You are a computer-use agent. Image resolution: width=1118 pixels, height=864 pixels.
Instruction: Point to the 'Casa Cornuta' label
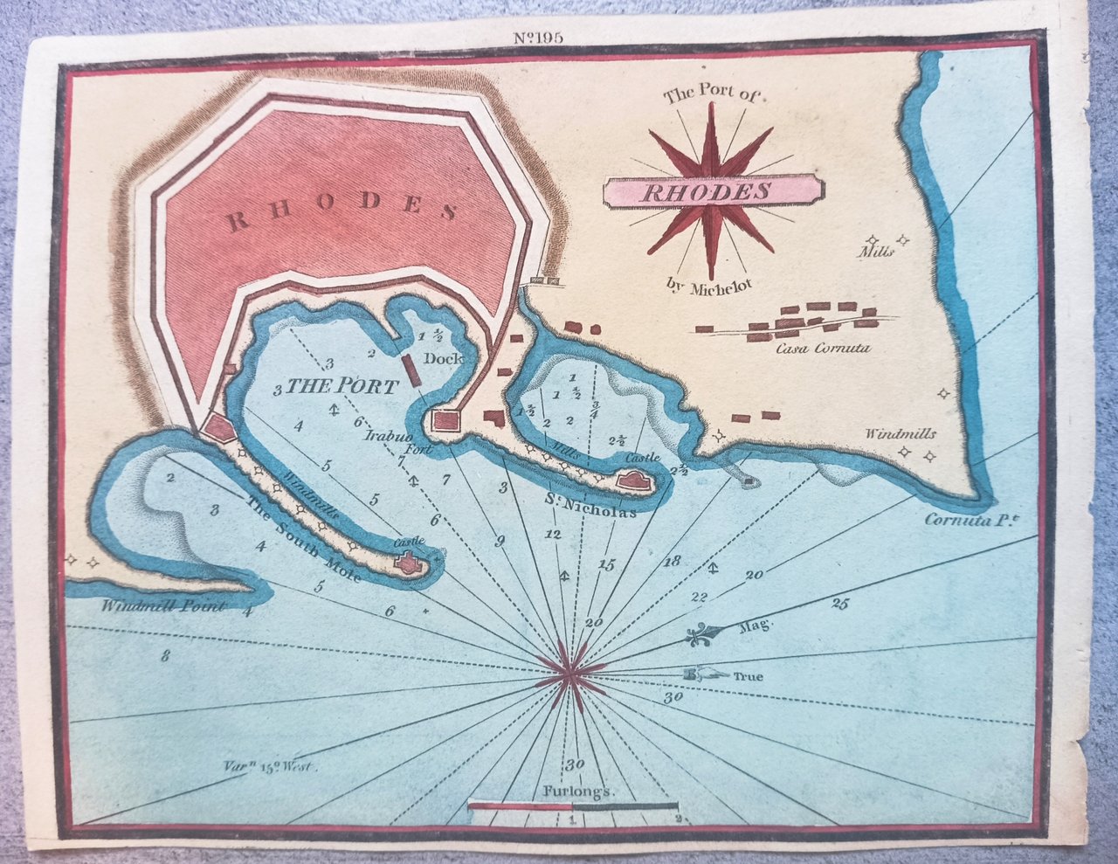[x=823, y=349]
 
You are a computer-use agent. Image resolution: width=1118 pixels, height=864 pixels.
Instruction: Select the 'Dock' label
[x=443, y=358]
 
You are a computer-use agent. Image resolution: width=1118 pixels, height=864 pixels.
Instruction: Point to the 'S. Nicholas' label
[x=590, y=504]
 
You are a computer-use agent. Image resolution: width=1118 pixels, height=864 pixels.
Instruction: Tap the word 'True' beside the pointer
[x=748, y=676]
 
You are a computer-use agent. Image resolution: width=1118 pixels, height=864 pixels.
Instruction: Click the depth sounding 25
[x=840, y=603]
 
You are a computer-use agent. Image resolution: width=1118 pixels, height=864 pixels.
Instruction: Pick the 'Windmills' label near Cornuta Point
[x=901, y=433]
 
